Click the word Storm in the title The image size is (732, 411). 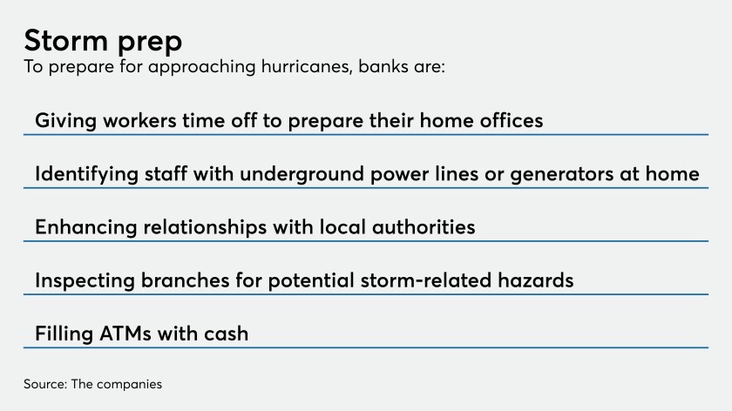66,41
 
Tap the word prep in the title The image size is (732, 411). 150,44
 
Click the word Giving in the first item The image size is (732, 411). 66,121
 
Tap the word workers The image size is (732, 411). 139,121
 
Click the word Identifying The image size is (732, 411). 87,174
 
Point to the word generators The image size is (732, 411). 561,175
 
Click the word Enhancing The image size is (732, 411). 85,227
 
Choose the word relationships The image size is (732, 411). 205,227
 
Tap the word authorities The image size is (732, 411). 424,227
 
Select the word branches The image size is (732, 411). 186,280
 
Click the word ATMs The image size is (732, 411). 125,334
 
